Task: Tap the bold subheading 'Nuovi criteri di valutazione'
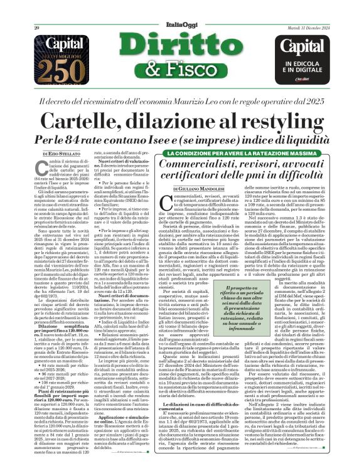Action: point(118,162)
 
